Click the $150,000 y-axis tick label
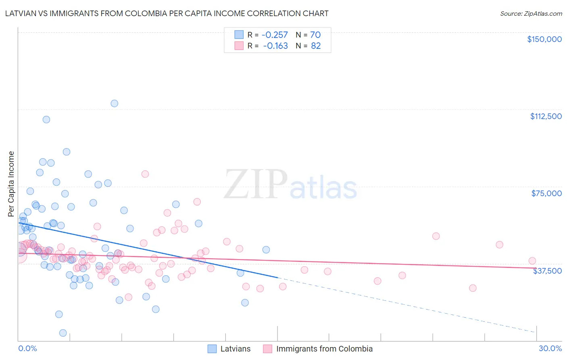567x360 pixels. pyautogui.click(x=544, y=39)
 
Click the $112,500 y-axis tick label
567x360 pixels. pyautogui.click(x=546, y=116)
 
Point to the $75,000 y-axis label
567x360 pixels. pyautogui.click(x=546, y=193)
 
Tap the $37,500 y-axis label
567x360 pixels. pyautogui.click(x=547, y=271)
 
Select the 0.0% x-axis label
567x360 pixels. pyautogui.click(x=27, y=348)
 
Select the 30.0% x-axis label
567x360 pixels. pyautogui.click(x=550, y=348)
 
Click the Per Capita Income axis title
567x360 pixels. pyautogui.click(x=11, y=184)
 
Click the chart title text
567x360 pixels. pyautogui.click(x=167, y=13)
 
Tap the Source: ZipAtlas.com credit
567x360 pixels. pyautogui.click(x=531, y=13)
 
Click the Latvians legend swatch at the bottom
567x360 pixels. pyautogui.click(x=212, y=349)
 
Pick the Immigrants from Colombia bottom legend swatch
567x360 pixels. pyautogui.click(x=268, y=349)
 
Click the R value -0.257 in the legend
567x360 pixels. pyautogui.click(x=275, y=35)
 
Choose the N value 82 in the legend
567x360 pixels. pyautogui.click(x=316, y=46)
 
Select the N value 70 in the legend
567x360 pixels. pyautogui.click(x=315, y=35)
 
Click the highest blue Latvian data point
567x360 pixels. pyautogui.click(x=115, y=103)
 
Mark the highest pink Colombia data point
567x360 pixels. pyautogui.click(x=145, y=174)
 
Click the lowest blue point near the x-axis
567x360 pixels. pyautogui.click(x=63, y=333)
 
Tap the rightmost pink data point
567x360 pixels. pyautogui.click(x=532, y=261)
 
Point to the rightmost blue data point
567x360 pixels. pyautogui.click(x=266, y=250)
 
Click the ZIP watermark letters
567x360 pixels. pyautogui.click(x=256, y=184)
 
